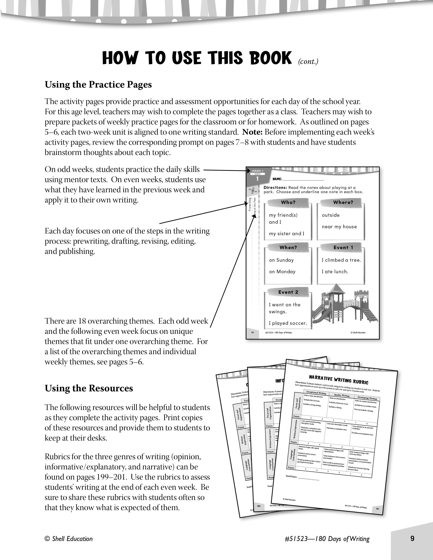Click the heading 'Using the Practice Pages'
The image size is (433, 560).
click(x=98, y=85)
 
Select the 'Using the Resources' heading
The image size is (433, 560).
click(x=89, y=388)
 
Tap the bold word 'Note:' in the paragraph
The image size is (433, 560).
click(x=252, y=132)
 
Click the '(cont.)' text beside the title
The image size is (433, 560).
click(x=308, y=62)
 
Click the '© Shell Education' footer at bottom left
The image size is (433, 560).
click(x=68, y=539)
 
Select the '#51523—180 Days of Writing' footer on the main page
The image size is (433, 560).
click(x=327, y=539)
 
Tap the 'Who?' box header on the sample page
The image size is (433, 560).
click(x=288, y=202)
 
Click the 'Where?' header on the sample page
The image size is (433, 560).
click(x=343, y=202)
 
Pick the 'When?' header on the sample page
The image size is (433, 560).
click(x=288, y=247)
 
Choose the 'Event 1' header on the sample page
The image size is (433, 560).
click(x=343, y=247)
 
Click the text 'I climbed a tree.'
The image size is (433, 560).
click(x=341, y=260)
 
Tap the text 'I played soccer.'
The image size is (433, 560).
click(x=288, y=323)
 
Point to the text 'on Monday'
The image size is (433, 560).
click(x=282, y=272)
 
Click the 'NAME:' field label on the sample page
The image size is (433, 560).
click(x=277, y=179)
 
